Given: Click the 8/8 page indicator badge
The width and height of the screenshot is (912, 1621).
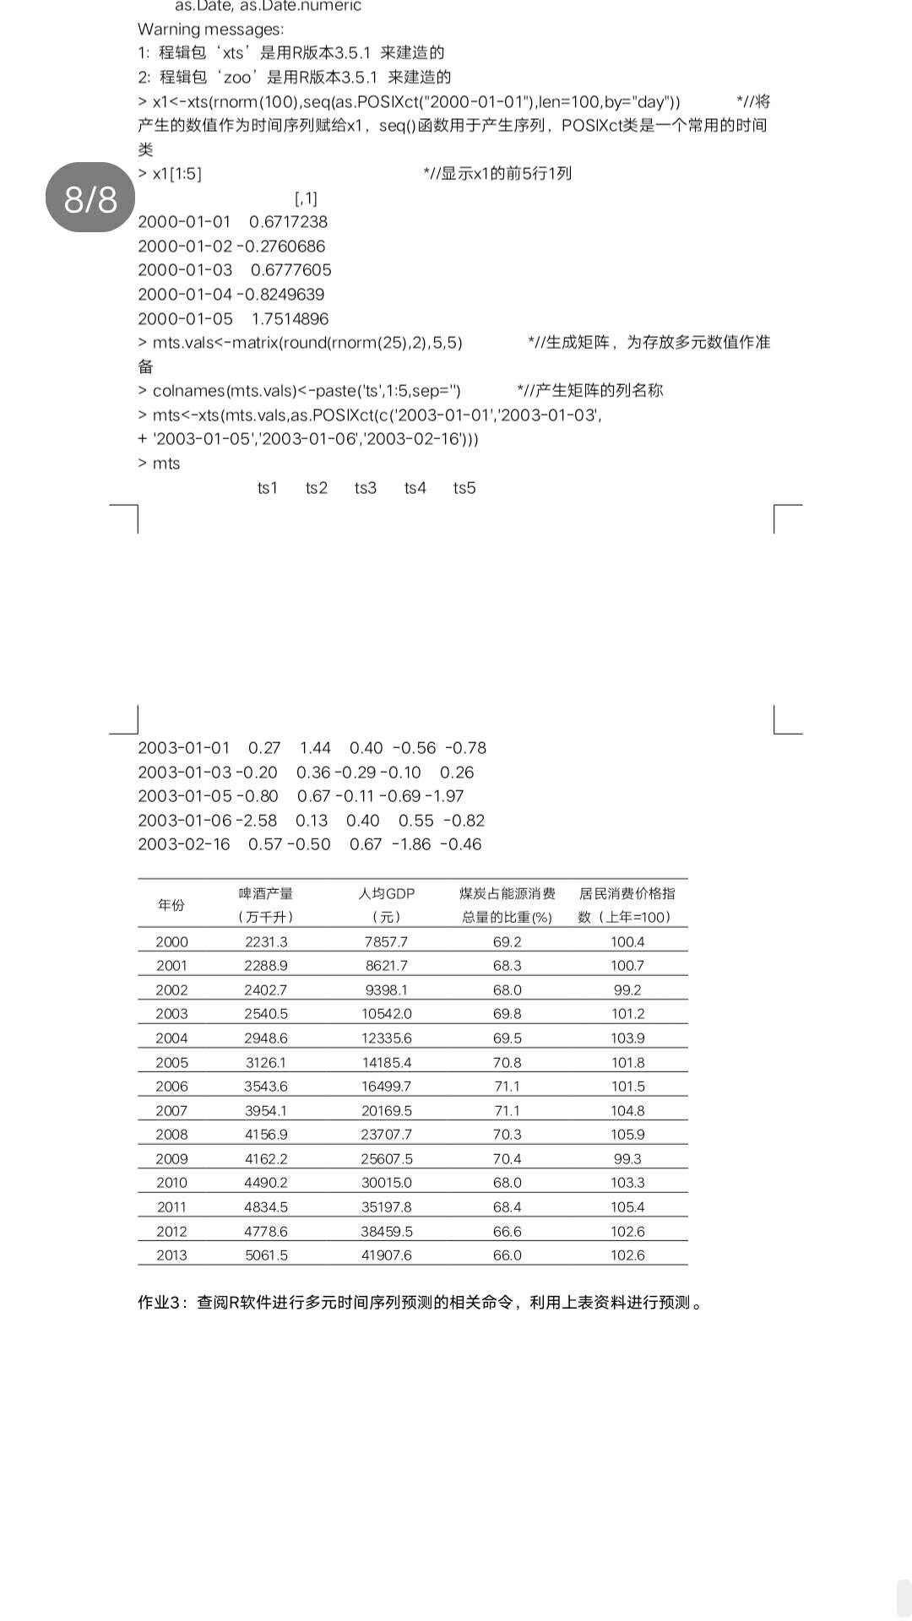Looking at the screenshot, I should [90, 198].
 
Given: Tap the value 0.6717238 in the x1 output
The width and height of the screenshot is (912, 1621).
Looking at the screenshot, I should [288, 222].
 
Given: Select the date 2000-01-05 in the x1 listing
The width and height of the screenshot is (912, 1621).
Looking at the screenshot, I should [185, 319].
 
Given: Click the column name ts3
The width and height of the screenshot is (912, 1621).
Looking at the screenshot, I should [366, 488].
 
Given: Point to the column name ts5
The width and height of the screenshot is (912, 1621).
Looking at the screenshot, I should [464, 488].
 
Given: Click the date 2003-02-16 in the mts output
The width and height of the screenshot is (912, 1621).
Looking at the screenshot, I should [184, 844].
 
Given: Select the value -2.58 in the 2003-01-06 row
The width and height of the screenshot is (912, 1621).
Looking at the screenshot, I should [258, 821].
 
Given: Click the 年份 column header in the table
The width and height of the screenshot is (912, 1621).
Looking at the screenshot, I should [171, 905].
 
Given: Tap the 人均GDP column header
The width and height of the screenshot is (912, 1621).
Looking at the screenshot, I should [387, 894].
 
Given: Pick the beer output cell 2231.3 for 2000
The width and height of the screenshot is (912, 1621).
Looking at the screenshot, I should [266, 942].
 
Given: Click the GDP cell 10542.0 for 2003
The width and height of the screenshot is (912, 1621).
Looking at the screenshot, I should [387, 1014].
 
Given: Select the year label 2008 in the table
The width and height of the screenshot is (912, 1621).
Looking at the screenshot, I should [171, 1135].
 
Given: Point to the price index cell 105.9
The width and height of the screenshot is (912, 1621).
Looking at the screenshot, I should [627, 1135].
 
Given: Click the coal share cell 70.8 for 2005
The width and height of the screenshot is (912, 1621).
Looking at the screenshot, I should [507, 1063].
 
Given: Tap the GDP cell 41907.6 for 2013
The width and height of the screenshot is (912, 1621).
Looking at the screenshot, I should [387, 1255].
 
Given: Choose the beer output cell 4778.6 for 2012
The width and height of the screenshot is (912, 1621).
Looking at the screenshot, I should [266, 1232].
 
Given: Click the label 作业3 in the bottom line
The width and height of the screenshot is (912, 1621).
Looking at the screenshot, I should [163, 1303].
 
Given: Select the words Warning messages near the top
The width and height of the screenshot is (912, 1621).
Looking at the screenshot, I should [210, 30].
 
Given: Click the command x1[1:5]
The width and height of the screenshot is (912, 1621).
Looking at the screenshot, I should [176, 174].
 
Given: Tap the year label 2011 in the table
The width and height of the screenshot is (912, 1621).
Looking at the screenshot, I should [171, 1207].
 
